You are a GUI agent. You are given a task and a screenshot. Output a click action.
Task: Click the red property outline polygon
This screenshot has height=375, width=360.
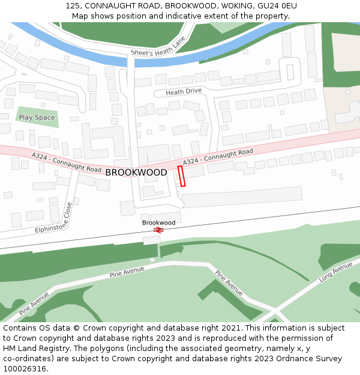(x=181, y=176)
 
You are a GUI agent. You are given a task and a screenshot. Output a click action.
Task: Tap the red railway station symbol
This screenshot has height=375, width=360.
(x=159, y=230)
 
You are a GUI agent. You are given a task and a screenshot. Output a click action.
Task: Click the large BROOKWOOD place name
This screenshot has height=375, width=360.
(x=136, y=173)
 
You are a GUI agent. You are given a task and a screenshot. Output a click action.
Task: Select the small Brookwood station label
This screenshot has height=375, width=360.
(x=159, y=223)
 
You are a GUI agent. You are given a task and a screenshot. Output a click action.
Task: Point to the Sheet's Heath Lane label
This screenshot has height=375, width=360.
(x=158, y=46)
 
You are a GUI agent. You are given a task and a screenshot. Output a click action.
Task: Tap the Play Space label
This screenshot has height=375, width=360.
(x=37, y=118)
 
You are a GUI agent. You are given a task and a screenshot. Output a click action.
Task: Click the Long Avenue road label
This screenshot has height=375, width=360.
(x=335, y=271)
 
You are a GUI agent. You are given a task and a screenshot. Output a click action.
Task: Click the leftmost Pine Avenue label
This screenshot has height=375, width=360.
(x=34, y=304)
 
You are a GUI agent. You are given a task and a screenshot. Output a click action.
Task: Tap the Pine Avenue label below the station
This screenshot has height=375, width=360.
(x=127, y=272)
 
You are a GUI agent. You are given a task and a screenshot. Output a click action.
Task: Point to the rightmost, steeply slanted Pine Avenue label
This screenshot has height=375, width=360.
(x=229, y=283)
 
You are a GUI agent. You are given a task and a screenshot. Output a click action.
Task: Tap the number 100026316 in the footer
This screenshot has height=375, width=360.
(x=24, y=368)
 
